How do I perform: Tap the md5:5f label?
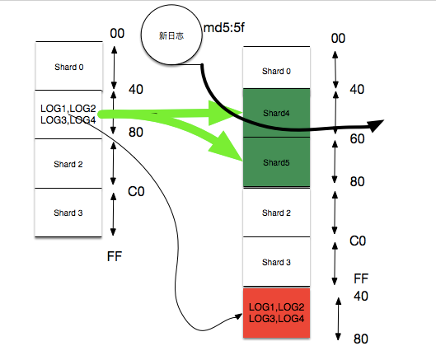224,28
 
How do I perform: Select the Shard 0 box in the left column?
69,66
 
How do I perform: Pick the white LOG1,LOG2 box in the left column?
68,115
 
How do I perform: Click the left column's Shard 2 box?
68,164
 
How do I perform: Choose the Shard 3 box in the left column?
68,213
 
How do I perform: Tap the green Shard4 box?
276,113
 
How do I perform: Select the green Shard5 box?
276,162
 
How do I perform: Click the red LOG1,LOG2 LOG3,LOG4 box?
276,313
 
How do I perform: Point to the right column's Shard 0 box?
276,68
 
